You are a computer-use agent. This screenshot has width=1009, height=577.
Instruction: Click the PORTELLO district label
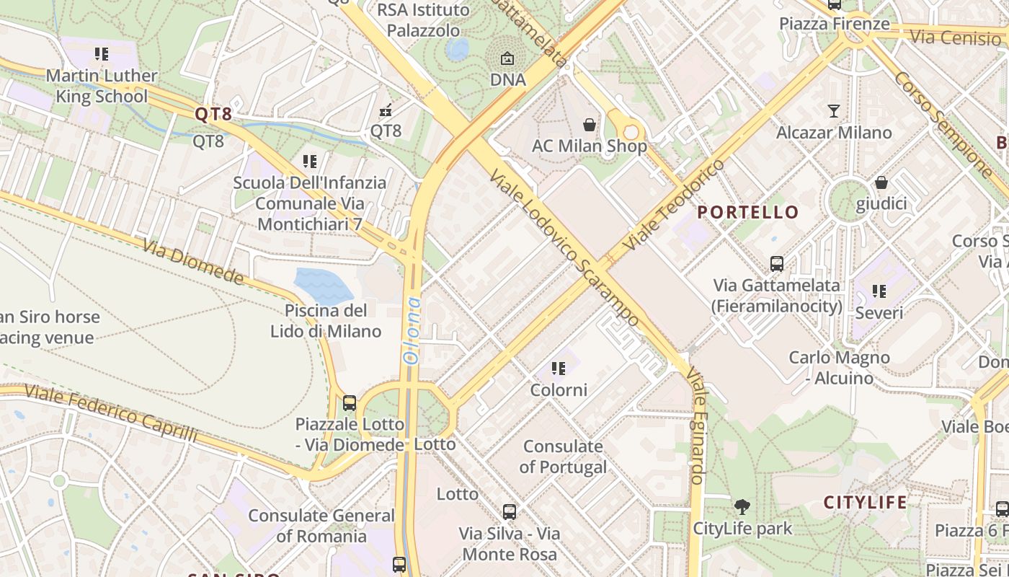point(748,212)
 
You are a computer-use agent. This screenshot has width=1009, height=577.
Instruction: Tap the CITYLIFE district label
point(865,503)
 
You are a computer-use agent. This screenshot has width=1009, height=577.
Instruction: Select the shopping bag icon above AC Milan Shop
point(590,125)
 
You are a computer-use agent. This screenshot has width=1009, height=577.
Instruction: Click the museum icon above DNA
point(507,58)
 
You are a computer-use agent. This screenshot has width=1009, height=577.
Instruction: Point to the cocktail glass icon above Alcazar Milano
point(834,111)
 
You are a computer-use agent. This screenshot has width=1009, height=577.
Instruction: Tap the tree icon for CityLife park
point(742,507)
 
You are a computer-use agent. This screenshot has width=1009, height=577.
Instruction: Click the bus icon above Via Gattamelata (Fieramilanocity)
point(776,264)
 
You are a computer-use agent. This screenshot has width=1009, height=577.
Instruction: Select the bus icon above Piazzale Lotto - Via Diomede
point(350,403)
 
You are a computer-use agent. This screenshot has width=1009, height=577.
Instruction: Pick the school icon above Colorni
point(559,369)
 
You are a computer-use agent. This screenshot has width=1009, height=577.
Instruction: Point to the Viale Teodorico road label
point(674,205)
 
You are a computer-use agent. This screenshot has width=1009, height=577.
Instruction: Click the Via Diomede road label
point(193,262)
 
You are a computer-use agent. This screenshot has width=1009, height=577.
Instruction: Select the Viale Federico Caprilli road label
point(111,413)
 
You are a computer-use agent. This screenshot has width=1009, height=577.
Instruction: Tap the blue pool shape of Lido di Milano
point(323,285)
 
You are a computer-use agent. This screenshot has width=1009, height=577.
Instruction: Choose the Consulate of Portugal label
point(563,457)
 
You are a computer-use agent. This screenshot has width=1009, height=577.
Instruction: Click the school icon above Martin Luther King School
point(101,54)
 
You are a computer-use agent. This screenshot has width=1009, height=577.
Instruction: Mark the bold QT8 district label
point(213,114)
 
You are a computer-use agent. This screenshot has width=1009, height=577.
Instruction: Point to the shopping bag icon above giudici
point(881,182)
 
